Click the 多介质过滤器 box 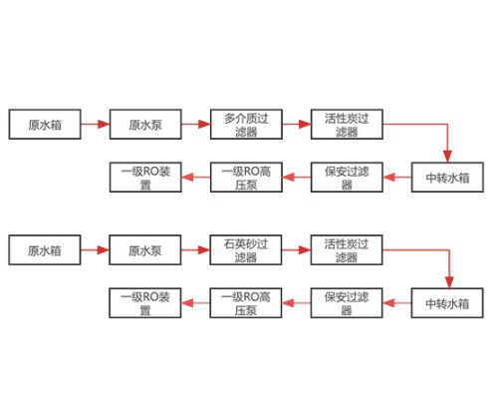coord(246,124)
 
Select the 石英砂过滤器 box coord(246,250)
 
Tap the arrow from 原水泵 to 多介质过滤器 coord(196,124)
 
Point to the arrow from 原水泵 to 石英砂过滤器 coord(195,250)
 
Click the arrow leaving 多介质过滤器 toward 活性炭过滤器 coord(297,124)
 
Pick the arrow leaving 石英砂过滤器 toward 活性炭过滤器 coord(296,250)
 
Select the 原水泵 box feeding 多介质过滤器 coord(145,124)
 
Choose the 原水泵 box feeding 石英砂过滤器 coord(145,250)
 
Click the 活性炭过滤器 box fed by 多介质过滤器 coord(347,124)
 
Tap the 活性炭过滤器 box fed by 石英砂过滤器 coord(347,250)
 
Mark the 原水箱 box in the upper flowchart coord(45,124)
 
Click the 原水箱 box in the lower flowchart coord(45,250)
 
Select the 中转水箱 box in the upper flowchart coord(447,178)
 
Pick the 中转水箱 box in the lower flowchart coord(447,303)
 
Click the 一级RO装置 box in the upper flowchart coord(145,178)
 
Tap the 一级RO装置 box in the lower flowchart coord(145,303)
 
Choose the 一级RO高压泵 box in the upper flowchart coord(246,178)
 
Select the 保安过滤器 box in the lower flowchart coord(347,303)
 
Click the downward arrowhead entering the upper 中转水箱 coord(447,157)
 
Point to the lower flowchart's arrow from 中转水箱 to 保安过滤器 coord(396,303)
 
